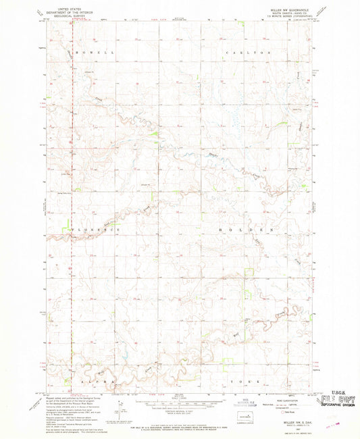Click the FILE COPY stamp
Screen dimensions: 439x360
pyautogui.click(x=336, y=401)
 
